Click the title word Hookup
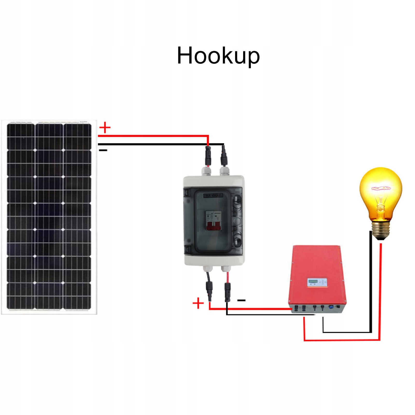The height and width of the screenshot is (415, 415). (218, 56)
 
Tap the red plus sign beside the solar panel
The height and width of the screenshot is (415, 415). (105, 128)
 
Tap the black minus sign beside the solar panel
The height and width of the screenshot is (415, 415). (103, 150)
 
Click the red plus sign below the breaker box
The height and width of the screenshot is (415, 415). (198, 303)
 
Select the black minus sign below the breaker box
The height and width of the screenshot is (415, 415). (241, 300)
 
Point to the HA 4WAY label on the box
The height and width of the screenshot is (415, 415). (213, 195)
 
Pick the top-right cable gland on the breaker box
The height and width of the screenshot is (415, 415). (224, 171)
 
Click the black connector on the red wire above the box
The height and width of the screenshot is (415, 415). (208, 156)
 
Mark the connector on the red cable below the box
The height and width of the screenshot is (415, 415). (227, 291)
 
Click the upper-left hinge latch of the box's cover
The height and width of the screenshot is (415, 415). (187, 192)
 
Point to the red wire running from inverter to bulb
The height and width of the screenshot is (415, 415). (342, 340)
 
